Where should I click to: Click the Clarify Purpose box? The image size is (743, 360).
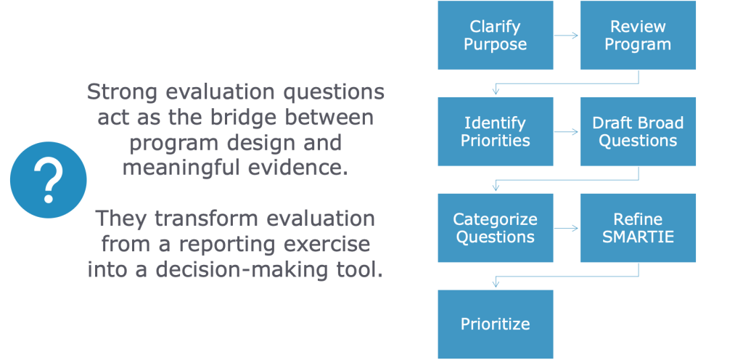(495, 35)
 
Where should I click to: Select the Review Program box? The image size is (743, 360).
(638, 35)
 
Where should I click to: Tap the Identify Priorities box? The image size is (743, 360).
(495, 131)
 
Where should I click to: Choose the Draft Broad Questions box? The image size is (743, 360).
(638, 131)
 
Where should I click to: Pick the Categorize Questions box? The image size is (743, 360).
(495, 228)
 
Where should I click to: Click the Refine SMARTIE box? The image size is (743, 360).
(638, 228)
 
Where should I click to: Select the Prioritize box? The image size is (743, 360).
(495, 324)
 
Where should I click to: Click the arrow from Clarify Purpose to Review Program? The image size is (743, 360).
(566, 35)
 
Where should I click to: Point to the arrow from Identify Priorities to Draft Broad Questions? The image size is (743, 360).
(566, 132)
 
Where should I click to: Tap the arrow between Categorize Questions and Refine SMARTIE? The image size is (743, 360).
(566, 228)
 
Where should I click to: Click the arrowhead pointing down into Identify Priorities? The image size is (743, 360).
(496, 91)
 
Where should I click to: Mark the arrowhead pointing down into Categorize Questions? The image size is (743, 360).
(496, 188)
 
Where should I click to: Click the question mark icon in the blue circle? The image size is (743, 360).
(48, 179)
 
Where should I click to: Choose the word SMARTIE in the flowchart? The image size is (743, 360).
(638, 237)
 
